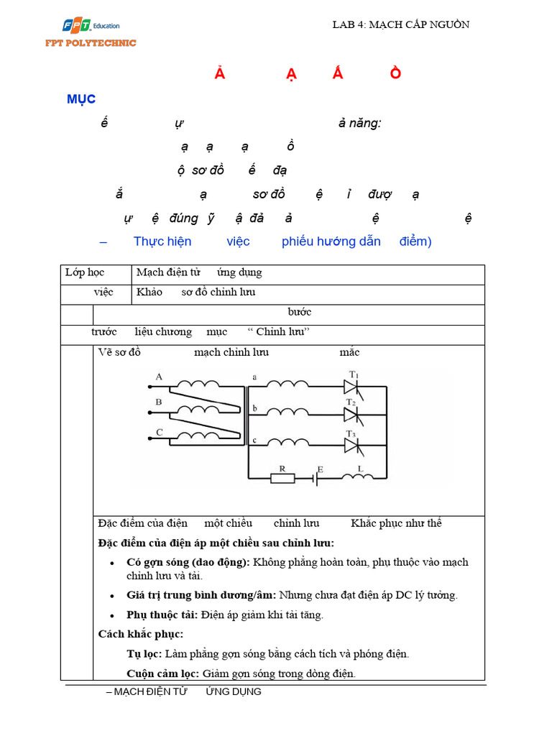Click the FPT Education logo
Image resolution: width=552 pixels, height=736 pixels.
[x=91, y=27]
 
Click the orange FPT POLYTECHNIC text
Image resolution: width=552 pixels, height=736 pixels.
[x=90, y=43]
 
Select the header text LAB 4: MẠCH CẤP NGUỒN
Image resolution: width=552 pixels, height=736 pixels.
[x=400, y=24]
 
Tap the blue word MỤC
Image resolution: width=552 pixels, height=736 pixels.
[x=81, y=99]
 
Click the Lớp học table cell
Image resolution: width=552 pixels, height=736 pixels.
[x=85, y=272]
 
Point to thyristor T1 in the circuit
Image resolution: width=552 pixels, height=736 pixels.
[x=351, y=386]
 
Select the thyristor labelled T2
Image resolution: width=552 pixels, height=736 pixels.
[x=351, y=414]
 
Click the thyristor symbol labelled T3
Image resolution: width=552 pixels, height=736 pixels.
[x=351, y=446]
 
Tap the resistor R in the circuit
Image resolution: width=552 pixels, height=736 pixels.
[x=282, y=477]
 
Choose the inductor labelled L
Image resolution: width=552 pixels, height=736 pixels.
[x=357, y=476]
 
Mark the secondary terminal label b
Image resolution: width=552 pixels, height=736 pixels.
[x=254, y=408]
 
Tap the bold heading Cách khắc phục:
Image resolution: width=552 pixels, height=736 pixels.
[x=141, y=634]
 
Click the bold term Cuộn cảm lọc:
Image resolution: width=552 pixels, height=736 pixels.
[x=163, y=673]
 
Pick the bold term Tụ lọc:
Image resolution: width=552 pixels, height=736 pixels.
[x=144, y=654]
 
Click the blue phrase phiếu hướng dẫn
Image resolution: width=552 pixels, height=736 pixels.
[x=331, y=241]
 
